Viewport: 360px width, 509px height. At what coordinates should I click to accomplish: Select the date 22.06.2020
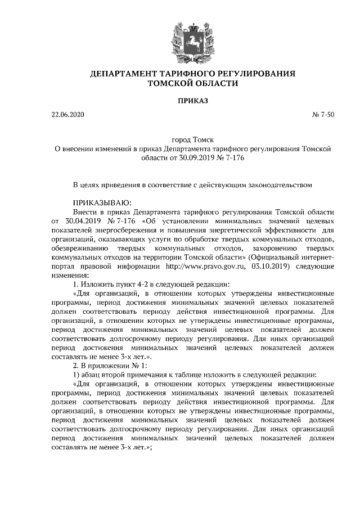coord(67,115)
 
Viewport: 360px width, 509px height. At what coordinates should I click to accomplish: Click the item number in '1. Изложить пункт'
coord(76,285)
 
